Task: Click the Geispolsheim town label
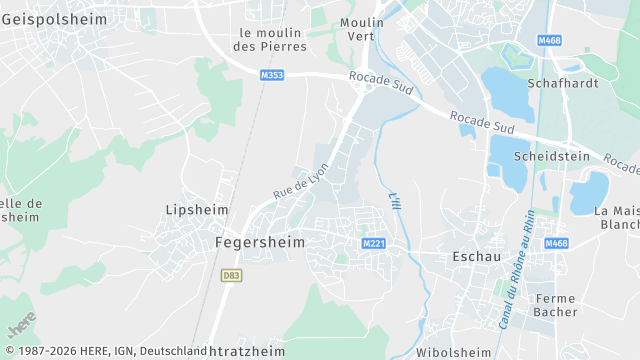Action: point(47,19)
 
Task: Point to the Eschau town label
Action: point(476,257)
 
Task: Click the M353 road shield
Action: point(271,75)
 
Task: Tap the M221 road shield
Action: point(374,244)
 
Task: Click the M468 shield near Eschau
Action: point(556,244)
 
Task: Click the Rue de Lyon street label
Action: point(300,181)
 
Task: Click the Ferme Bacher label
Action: point(556,305)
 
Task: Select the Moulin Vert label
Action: point(361,29)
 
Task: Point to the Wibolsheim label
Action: point(453,352)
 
